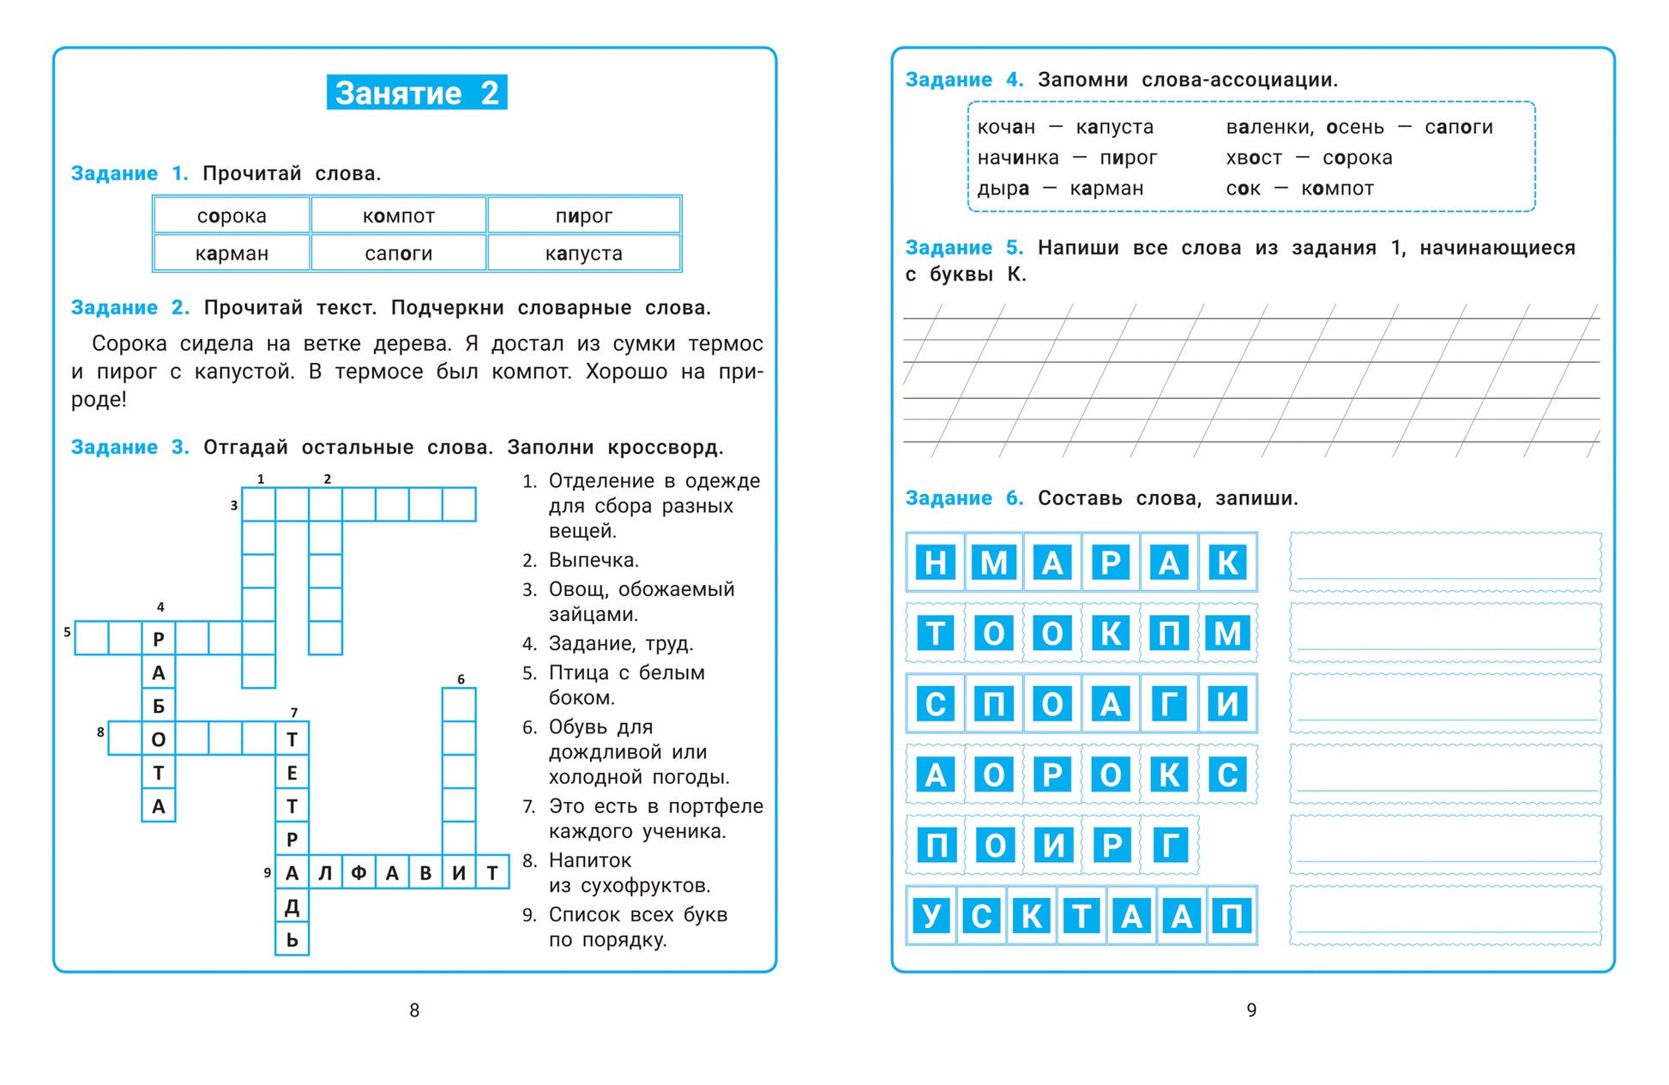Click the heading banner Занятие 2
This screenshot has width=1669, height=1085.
pos(416,93)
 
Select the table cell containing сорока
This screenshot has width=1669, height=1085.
pos(232,216)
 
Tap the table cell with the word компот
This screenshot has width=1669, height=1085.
pos(399,216)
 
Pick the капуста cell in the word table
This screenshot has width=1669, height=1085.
pos(584,254)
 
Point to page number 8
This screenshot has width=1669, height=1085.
pos(414,1010)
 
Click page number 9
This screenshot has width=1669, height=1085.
pos(1251,1010)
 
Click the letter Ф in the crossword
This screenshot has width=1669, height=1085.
pos(359,873)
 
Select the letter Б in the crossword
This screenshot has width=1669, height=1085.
pos(159,706)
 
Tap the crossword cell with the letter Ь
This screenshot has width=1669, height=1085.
pos(292,940)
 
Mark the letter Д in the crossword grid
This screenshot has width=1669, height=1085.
pos(292,907)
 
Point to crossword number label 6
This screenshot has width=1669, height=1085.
pos(461,679)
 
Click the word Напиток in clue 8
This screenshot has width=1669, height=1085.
pos(590,860)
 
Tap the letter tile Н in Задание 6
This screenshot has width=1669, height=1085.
pos(936,563)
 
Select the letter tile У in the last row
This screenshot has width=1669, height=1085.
pos(931,916)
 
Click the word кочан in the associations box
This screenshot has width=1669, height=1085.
pos(1006,128)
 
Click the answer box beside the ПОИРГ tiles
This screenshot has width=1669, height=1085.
pos(1445,845)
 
